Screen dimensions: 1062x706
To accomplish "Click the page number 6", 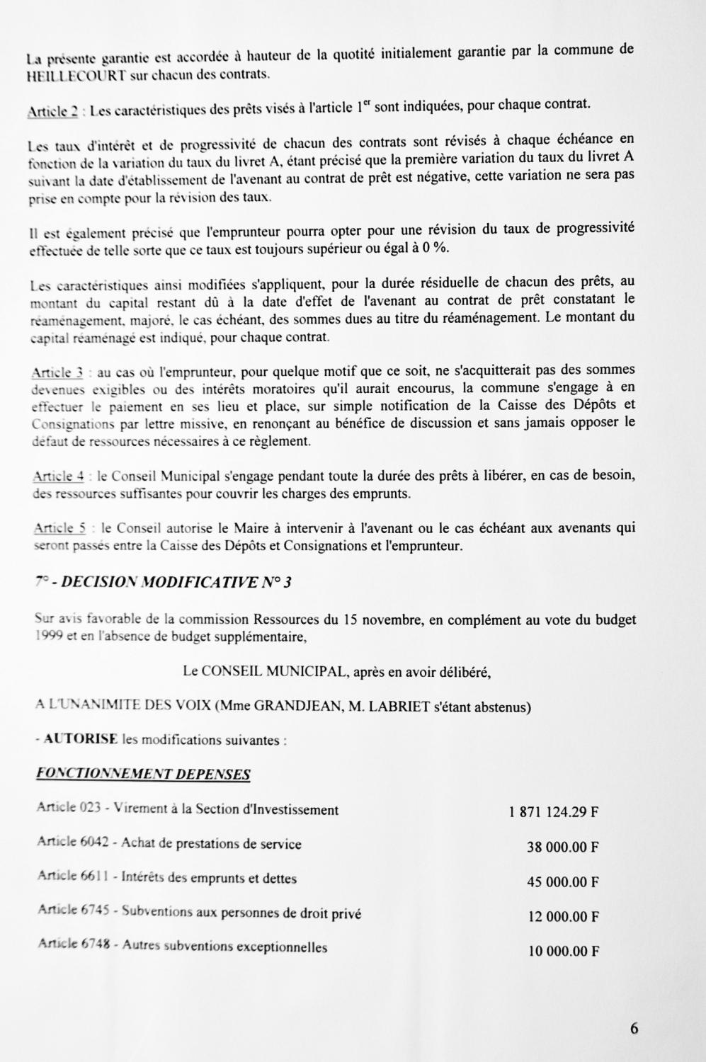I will (x=634, y=1029).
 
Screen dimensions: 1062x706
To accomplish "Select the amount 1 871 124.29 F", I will (x=553, y=812).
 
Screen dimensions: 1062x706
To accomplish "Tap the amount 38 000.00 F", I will (x=562, y=847).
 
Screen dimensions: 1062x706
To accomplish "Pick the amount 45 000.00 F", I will (x=563, y=881).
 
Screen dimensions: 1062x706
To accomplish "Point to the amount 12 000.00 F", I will (x=564, y=916).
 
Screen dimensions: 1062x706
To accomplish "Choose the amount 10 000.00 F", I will (x=564, y=951).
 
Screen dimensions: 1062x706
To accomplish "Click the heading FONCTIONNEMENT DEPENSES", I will (x=143, y=774).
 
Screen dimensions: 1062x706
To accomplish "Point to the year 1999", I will (x=49, y=636).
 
